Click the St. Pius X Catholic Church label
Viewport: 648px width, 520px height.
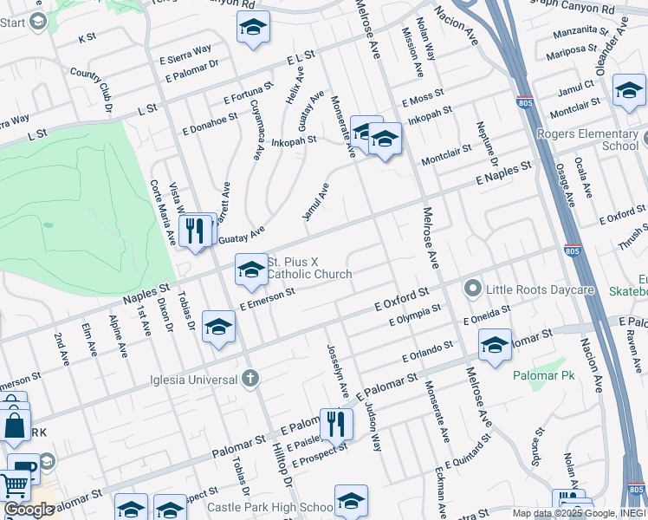tap(309, 268)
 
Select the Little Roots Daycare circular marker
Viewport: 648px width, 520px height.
tap(473, 287)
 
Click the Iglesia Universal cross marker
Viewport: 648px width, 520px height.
tap(249, 378)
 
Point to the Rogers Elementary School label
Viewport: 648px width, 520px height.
tap(587, 140)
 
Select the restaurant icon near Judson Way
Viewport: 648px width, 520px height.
tap(336, 424)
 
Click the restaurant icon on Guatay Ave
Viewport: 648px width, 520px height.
tap(194, 231)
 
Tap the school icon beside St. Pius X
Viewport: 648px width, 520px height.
tap(251, 270)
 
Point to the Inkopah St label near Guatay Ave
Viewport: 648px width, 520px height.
tap(294, 140)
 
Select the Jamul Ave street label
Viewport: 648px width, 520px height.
tap(316, 201)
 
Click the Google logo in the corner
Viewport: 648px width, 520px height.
tap(29, 510)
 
